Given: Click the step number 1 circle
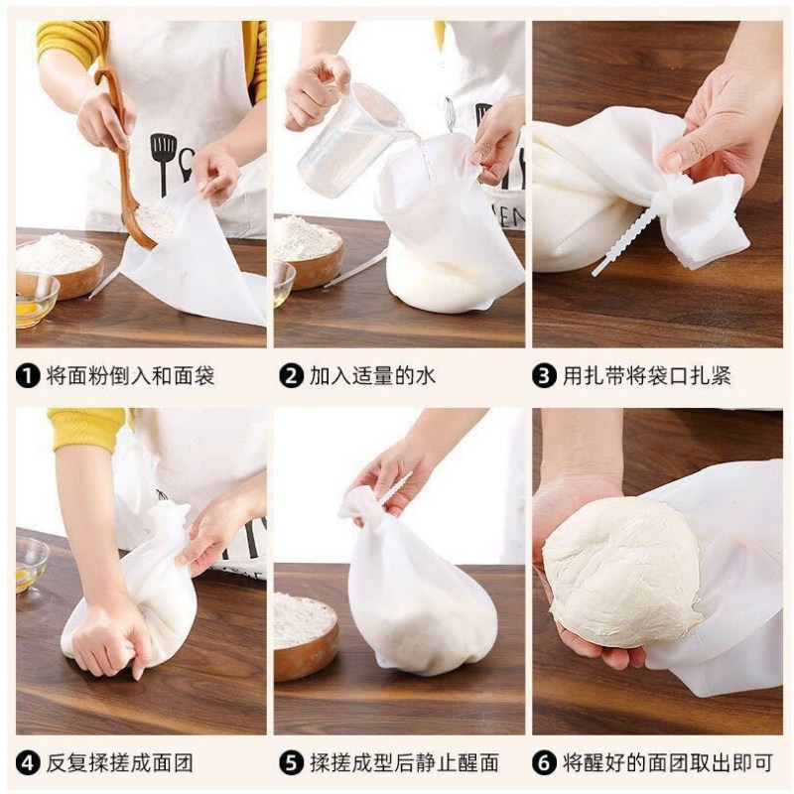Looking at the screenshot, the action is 28,376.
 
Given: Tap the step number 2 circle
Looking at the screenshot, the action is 291,376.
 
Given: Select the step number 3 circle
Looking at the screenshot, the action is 544,376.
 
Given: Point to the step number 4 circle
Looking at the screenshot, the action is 28,763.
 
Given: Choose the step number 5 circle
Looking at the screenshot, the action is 291,763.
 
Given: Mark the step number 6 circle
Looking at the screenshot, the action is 544,763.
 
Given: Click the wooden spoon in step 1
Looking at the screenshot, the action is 124,157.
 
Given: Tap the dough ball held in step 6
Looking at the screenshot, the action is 623,573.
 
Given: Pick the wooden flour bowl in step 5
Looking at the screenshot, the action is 306,635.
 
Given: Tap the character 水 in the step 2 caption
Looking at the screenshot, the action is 425,376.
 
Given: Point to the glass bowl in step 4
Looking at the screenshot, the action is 32,565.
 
